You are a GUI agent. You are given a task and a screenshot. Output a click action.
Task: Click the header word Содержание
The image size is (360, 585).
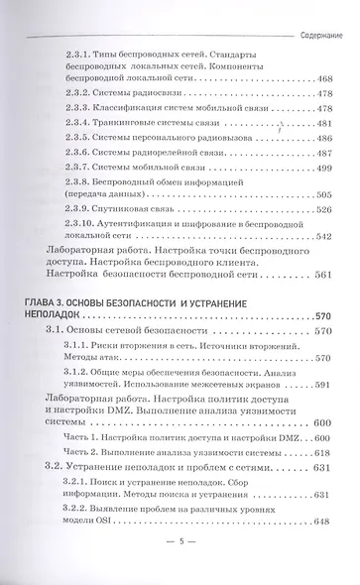coord(322,33)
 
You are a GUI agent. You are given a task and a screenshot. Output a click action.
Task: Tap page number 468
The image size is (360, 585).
coord(321,76)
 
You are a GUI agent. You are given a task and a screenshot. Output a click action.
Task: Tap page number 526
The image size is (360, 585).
coord(321,211)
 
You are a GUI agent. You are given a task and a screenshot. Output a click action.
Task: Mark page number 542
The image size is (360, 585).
coord(321,238)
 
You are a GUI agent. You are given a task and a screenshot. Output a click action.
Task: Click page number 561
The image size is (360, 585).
coord(325,275)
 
